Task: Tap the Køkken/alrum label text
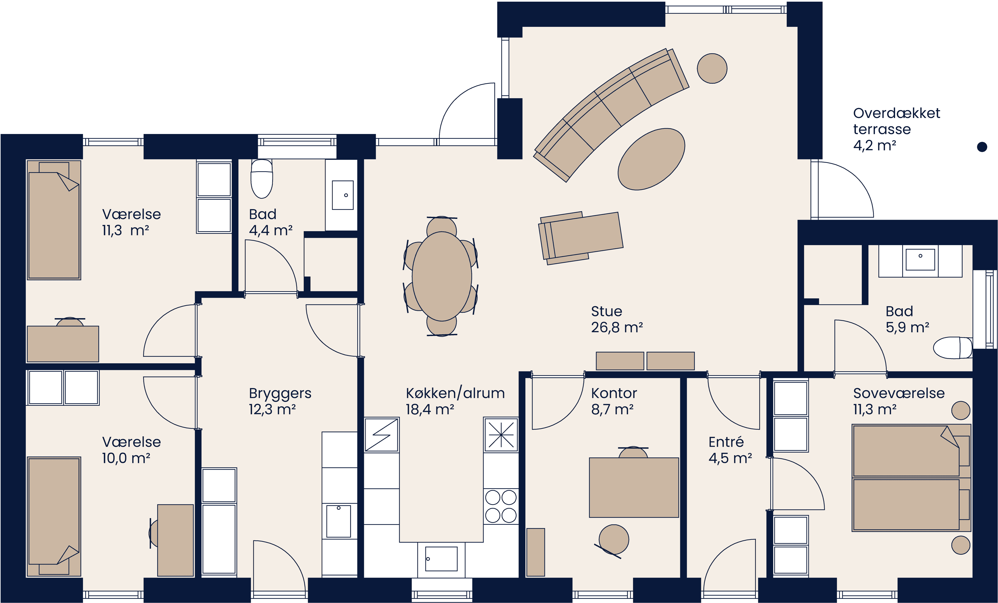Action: point(455,401)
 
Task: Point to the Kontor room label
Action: point(614,401)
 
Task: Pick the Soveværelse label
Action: point(898,401)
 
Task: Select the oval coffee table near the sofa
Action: point(651,159)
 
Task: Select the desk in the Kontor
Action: point(634,488)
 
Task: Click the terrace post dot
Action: point(982,147)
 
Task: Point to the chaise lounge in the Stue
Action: point(581,236)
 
